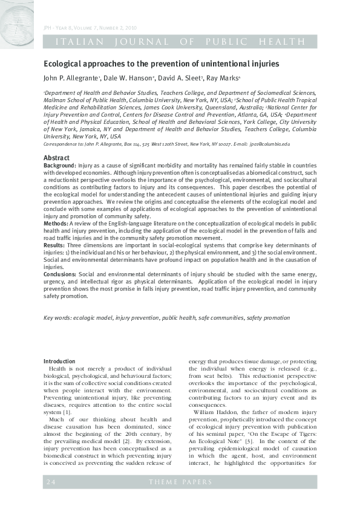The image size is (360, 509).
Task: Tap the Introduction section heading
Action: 59,361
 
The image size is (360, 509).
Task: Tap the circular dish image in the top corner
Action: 17,18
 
